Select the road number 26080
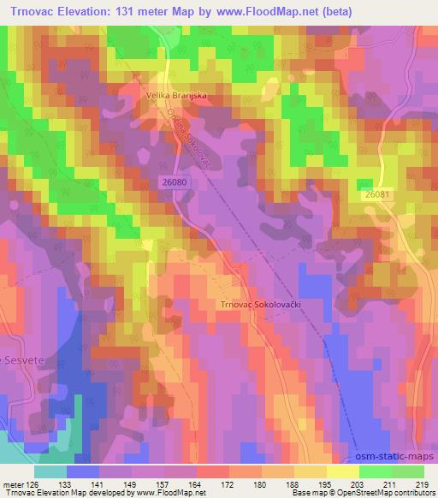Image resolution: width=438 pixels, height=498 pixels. (175, 182)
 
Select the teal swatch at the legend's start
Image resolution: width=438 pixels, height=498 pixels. (50, 471)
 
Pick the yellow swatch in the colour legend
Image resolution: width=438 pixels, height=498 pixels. (343, 471)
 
